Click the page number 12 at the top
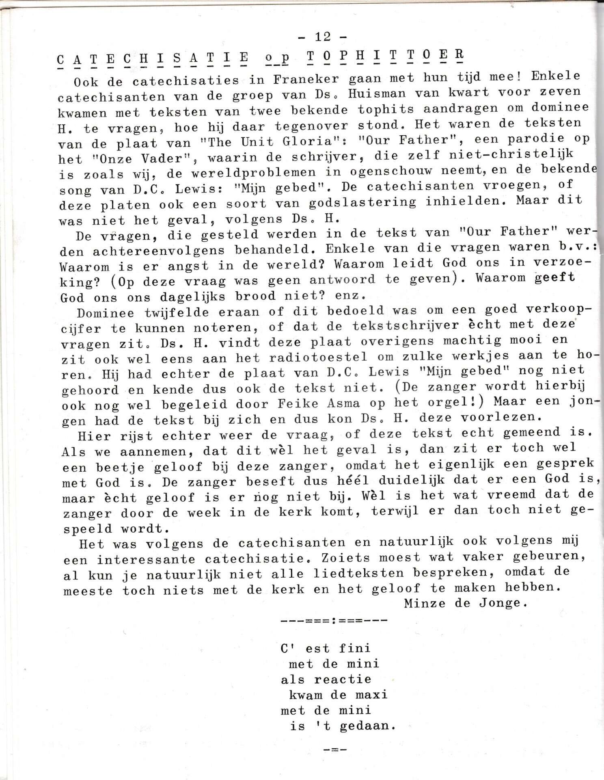click(x=323, y=37)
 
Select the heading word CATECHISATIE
click(x=153, y=60)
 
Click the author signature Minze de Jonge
click(x=466, y=603)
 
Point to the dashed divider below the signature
click(x=334, y=621)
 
